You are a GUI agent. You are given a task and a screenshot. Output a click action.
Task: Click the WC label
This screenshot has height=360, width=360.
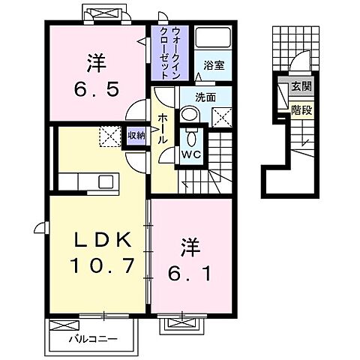(x=190, y=154)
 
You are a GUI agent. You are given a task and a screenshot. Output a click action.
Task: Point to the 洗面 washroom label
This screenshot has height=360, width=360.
(x=205, y=97)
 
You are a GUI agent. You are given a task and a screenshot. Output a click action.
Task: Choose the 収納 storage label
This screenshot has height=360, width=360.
(x=136, y=136)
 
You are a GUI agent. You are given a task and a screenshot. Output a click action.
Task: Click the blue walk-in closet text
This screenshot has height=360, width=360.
(x=169, y=49)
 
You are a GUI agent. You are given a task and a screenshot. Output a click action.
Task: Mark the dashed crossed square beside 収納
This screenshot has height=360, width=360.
(x=110, y=135)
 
